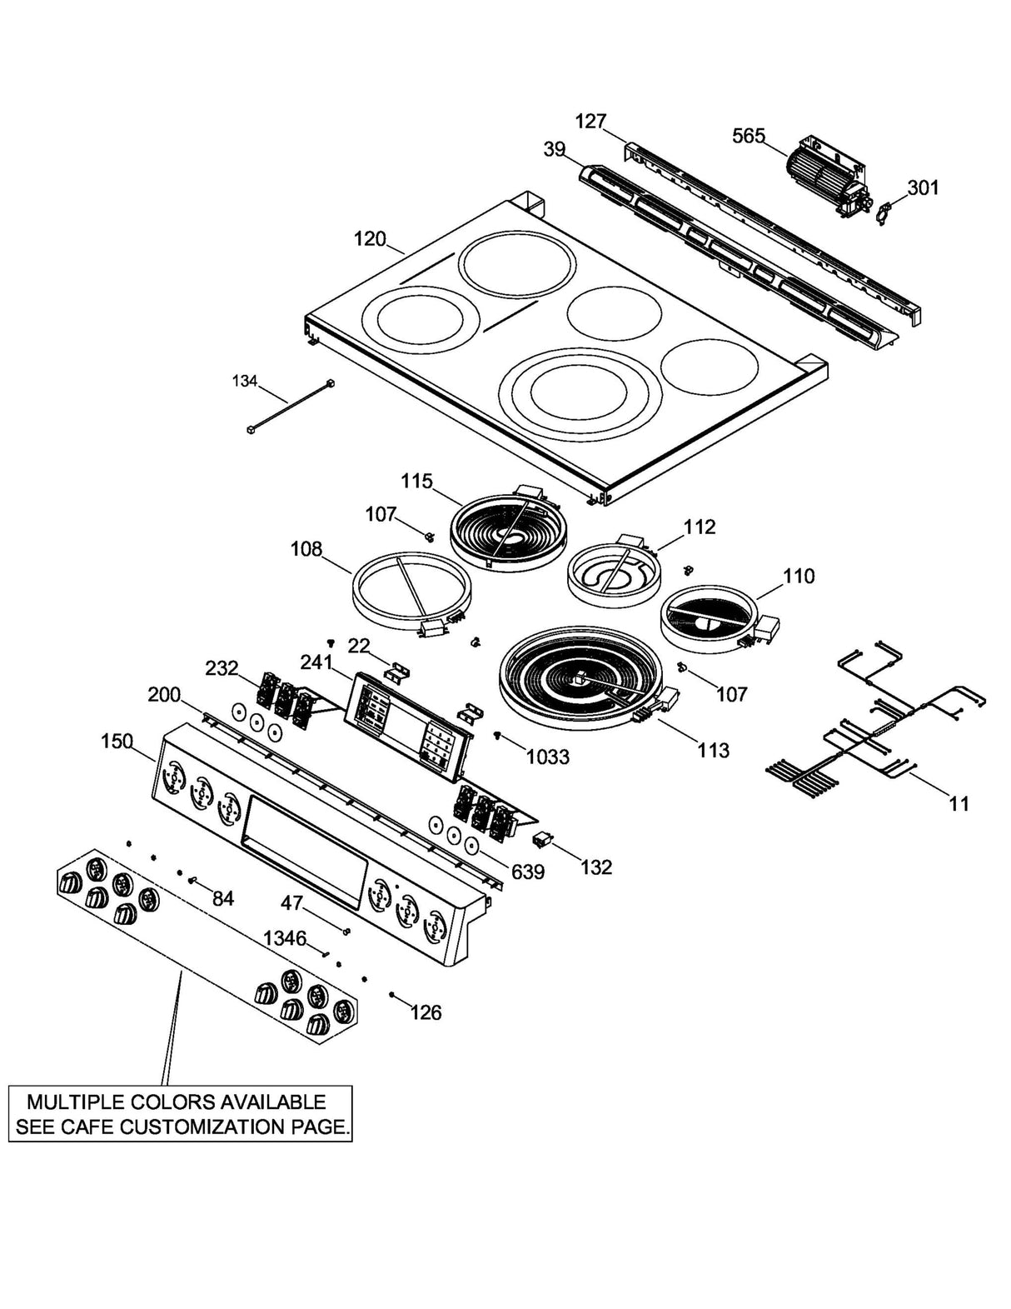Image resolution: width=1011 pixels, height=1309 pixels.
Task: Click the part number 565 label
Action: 748,136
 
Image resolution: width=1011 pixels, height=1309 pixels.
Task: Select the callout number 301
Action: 923,187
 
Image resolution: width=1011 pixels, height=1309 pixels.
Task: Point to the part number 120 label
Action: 370,239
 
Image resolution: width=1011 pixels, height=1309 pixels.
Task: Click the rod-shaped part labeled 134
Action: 291,405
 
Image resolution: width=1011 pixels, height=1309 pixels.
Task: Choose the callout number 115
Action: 416,481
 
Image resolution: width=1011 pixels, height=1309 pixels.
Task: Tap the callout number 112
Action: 700,527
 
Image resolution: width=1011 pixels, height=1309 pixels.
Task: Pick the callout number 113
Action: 713,750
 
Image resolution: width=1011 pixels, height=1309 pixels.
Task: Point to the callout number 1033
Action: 547,757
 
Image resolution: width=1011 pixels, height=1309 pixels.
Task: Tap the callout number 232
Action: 222,668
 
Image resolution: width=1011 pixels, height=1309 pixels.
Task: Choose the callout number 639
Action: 528,872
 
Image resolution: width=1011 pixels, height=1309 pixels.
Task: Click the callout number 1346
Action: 285,938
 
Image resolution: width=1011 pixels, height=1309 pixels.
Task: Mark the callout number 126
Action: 426,1012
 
